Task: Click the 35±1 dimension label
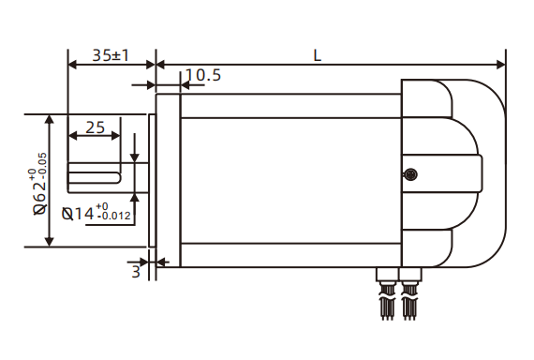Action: tap(111, 55)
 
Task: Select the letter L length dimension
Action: tap(318, 55)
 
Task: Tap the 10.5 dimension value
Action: tap(203, 75)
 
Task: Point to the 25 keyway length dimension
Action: tap(95, 127)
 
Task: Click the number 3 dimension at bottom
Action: tap(136, 272)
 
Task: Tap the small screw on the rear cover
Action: tap(409, 173)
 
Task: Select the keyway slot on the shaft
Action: tap(95, 174)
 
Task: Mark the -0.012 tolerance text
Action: tap(115, 217)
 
